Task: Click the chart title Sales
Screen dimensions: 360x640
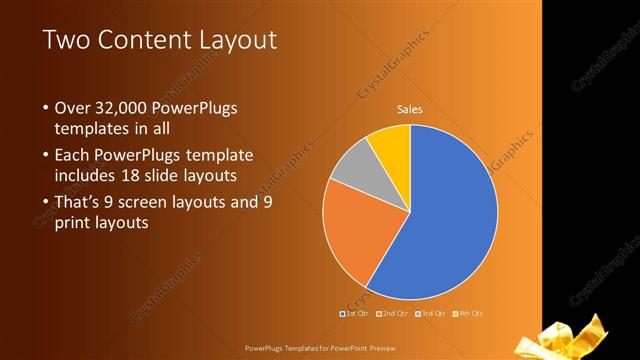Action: point(409,109)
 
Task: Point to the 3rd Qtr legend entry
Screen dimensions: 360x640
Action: point(430,314)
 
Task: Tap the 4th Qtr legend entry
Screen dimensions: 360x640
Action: point(468,314)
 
